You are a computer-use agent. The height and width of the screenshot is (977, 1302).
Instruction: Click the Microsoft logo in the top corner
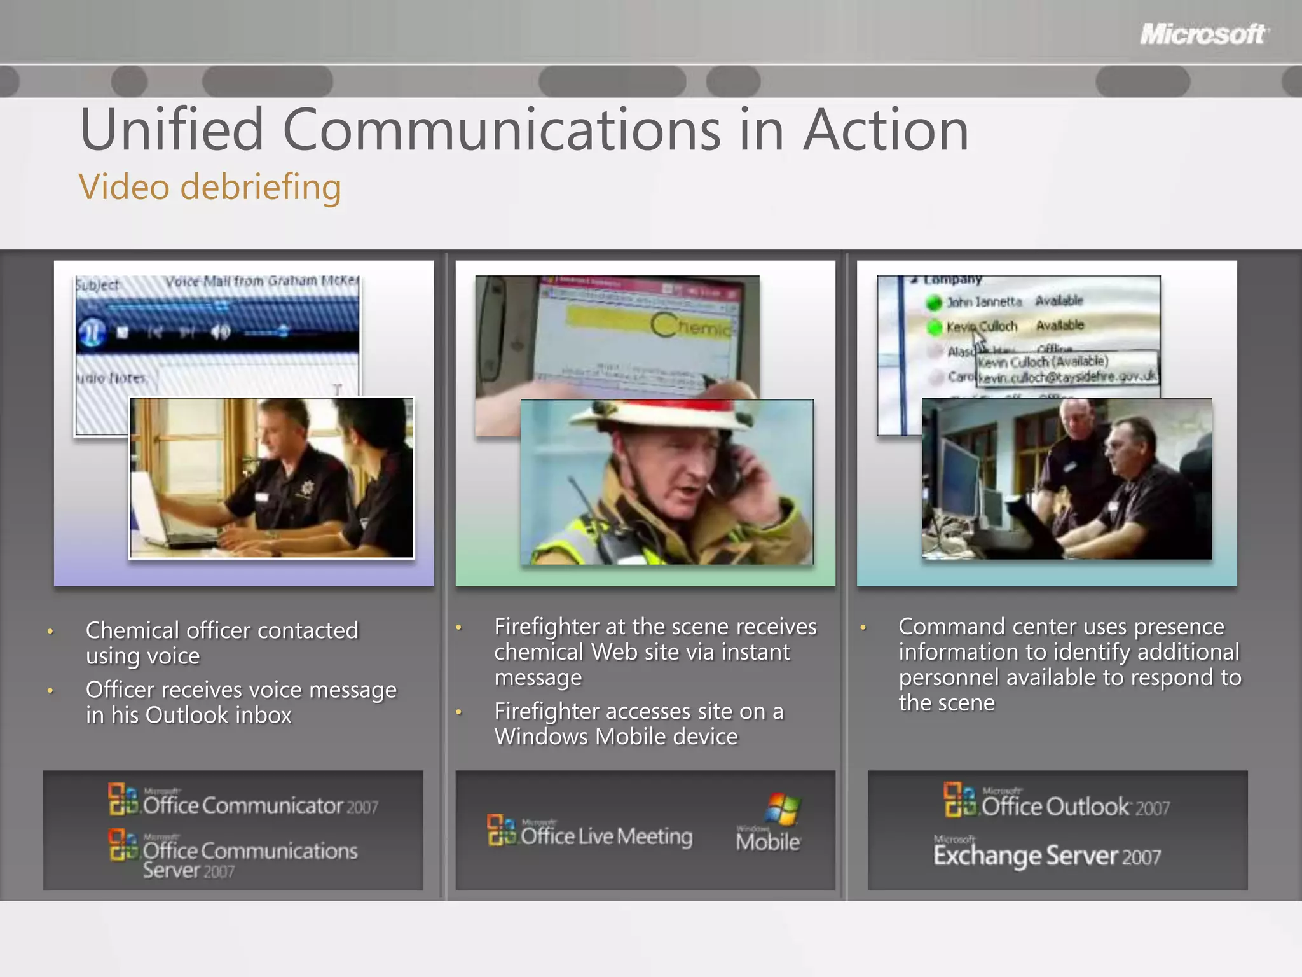point(1203,34)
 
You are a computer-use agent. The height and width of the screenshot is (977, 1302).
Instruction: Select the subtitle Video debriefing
point(210,187)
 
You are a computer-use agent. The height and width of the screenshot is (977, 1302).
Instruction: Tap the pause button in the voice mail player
point(92,332)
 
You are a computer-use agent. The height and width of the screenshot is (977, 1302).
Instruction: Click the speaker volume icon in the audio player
point(220,332)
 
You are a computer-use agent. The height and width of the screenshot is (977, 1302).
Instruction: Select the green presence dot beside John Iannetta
point(933,303)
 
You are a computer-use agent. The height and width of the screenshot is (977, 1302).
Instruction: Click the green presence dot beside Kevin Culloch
point(934,328)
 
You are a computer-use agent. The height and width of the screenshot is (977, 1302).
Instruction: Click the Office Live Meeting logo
point(589,833)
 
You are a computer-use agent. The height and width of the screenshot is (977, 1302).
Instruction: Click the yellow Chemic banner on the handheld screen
point(648,324)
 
